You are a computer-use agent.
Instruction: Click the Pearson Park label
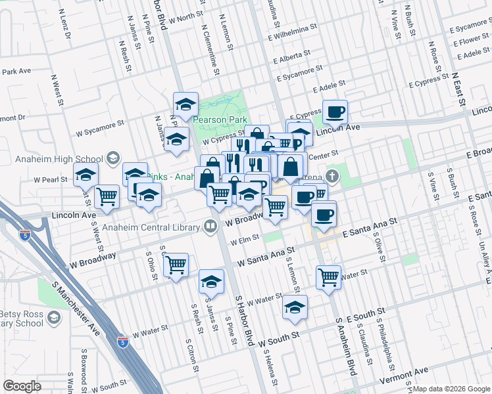pyautogui.click(x=220, y=120)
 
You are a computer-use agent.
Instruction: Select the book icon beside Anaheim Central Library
pyautogui.click(x=210, y=227)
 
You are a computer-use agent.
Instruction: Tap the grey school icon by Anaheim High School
pyautogui.click(x=113, y=158)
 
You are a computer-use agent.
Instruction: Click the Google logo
pyautogui.click(x=22, y=386)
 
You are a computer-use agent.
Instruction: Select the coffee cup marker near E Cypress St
pyautogui.click(x=335, y=112)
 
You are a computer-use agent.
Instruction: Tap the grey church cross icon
pyautogui.click(x=332, y=176)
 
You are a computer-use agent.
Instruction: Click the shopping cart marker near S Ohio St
pyautogui.click(x=176, y=265)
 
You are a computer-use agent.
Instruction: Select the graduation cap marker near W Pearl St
pyautogui.click(x=85, y=175)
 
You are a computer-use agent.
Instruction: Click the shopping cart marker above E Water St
pyautogui.click(x=328, y=276)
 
